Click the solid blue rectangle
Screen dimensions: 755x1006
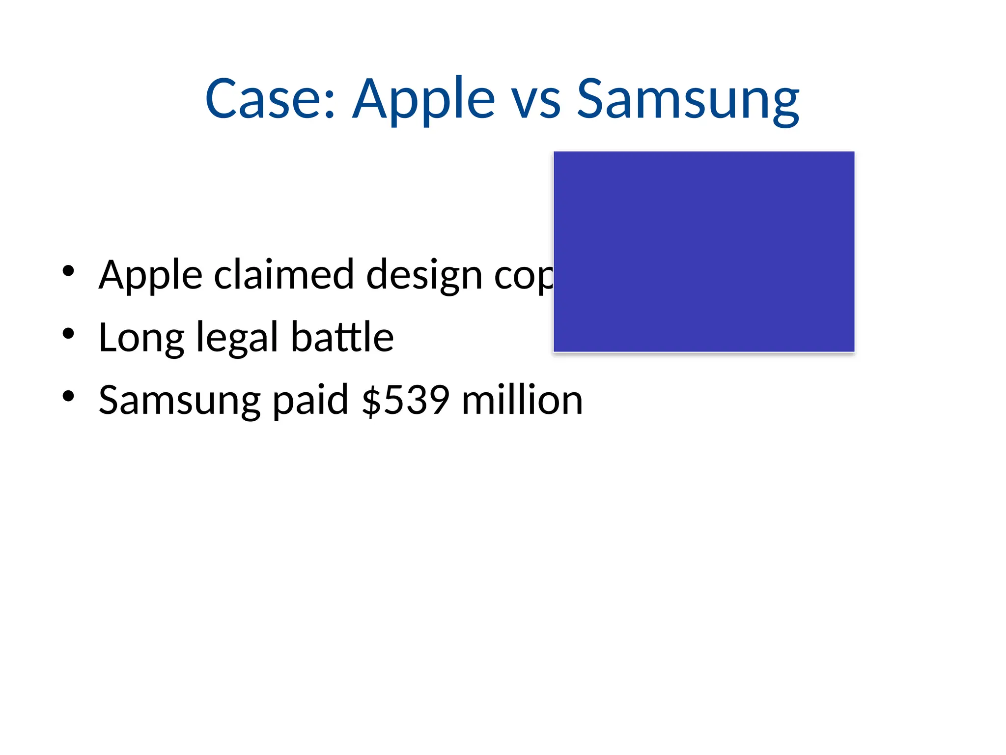[704, 252]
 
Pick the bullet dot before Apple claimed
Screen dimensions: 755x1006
[68, 271]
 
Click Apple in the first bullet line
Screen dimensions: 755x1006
[150, 275]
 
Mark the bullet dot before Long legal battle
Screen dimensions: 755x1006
[68, 334]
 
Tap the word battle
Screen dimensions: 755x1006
[342, 337]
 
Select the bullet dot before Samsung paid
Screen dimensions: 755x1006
[68, 396]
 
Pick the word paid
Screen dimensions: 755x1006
[310, 400]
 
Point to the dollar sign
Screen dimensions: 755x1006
[372, 400]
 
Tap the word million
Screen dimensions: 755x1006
[522, 400]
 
